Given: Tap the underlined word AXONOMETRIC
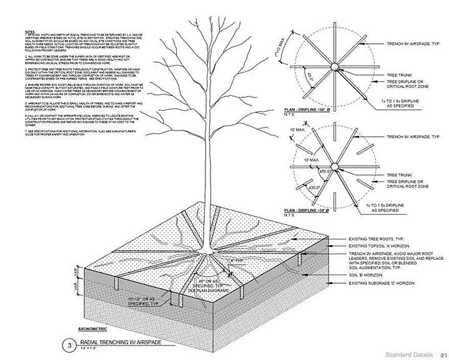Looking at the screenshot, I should click(93, 327).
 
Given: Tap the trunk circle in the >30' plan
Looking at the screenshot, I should click(334, 166).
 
